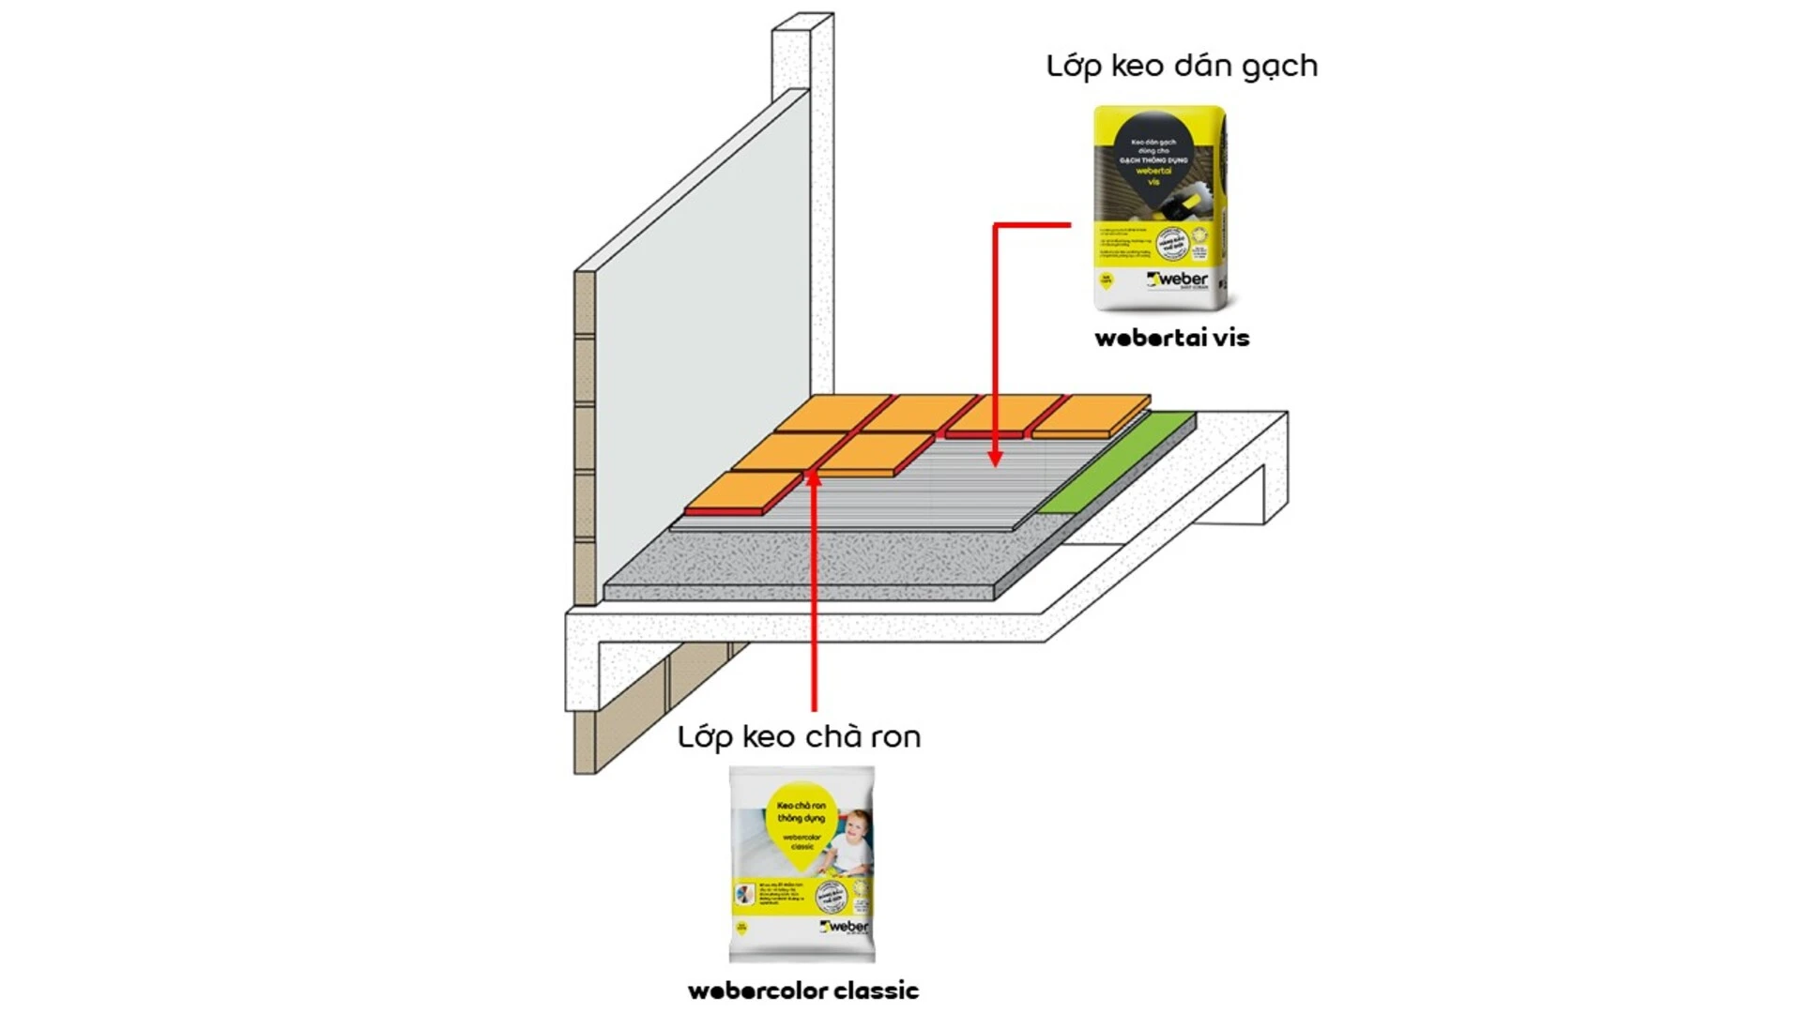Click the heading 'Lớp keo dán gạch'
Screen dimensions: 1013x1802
coord(1182,67)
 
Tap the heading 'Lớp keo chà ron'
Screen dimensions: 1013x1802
coord(799,737)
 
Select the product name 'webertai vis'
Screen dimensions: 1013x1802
coord(1171,339)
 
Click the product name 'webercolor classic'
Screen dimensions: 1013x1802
coord(803,990)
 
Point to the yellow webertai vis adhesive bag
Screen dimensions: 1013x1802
coord(1160,208)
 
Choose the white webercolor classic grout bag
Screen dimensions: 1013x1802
coord(802,864)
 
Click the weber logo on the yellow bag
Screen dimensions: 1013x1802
coord(1179,280)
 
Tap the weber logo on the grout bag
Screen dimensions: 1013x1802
coord(845,927)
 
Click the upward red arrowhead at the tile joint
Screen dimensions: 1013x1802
coord(813,477)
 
